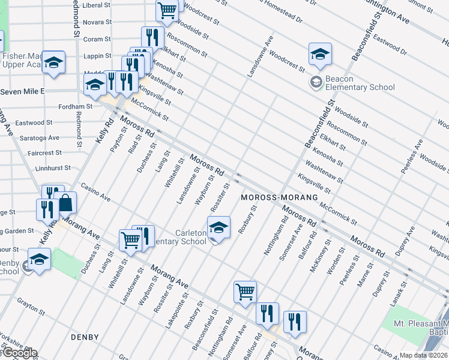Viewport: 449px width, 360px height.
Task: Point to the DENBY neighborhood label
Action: [x=84, y=337]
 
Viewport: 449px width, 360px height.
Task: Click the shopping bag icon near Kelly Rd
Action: [x=65, y=203]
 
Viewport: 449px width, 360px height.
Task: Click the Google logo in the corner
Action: [x=19, y=353]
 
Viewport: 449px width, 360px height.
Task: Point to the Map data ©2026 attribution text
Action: [x=424, y=355]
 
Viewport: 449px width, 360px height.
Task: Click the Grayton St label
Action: [x=31, y=312]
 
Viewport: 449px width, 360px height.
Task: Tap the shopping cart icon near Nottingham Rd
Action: [x=245, y=292]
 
